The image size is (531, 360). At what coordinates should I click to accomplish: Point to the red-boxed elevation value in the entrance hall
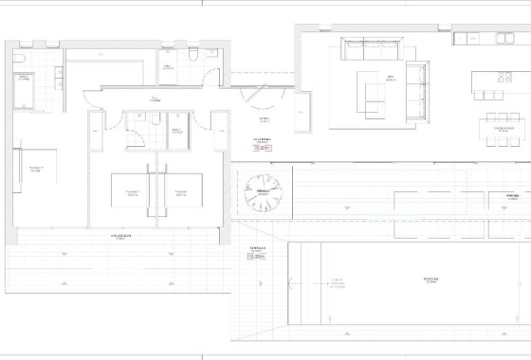click(263, 148)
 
